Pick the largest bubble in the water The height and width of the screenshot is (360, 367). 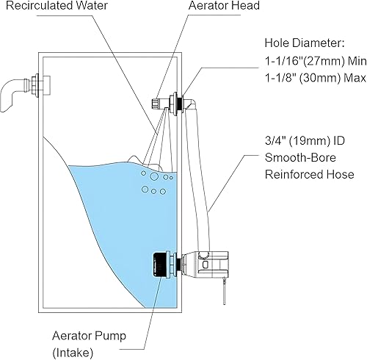[x=154, y=176]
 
